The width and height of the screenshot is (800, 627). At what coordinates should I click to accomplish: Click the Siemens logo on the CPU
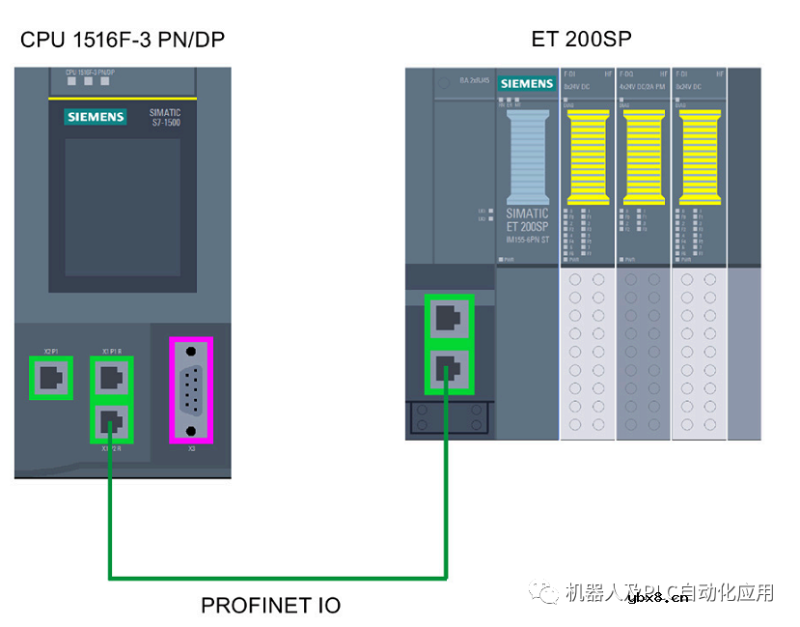96,117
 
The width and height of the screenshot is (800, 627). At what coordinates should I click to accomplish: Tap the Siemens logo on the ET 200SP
527,84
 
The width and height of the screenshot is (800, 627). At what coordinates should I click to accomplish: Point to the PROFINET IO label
270,606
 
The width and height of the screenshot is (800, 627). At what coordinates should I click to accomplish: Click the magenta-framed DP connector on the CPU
191,389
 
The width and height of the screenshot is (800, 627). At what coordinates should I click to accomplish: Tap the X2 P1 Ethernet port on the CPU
51,378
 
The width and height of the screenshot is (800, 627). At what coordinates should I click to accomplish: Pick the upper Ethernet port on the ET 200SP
450,318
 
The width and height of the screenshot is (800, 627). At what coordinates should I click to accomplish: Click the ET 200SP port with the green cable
450,368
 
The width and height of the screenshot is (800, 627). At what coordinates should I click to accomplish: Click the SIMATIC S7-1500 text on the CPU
165,118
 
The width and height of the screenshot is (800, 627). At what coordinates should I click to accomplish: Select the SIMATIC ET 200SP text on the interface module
527,219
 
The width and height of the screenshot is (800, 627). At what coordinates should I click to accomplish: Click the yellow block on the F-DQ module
645,155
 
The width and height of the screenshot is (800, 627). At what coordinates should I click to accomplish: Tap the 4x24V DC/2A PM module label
643,87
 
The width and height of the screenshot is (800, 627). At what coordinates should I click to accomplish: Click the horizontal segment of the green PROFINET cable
280,578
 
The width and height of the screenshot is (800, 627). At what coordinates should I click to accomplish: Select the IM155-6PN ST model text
527,238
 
